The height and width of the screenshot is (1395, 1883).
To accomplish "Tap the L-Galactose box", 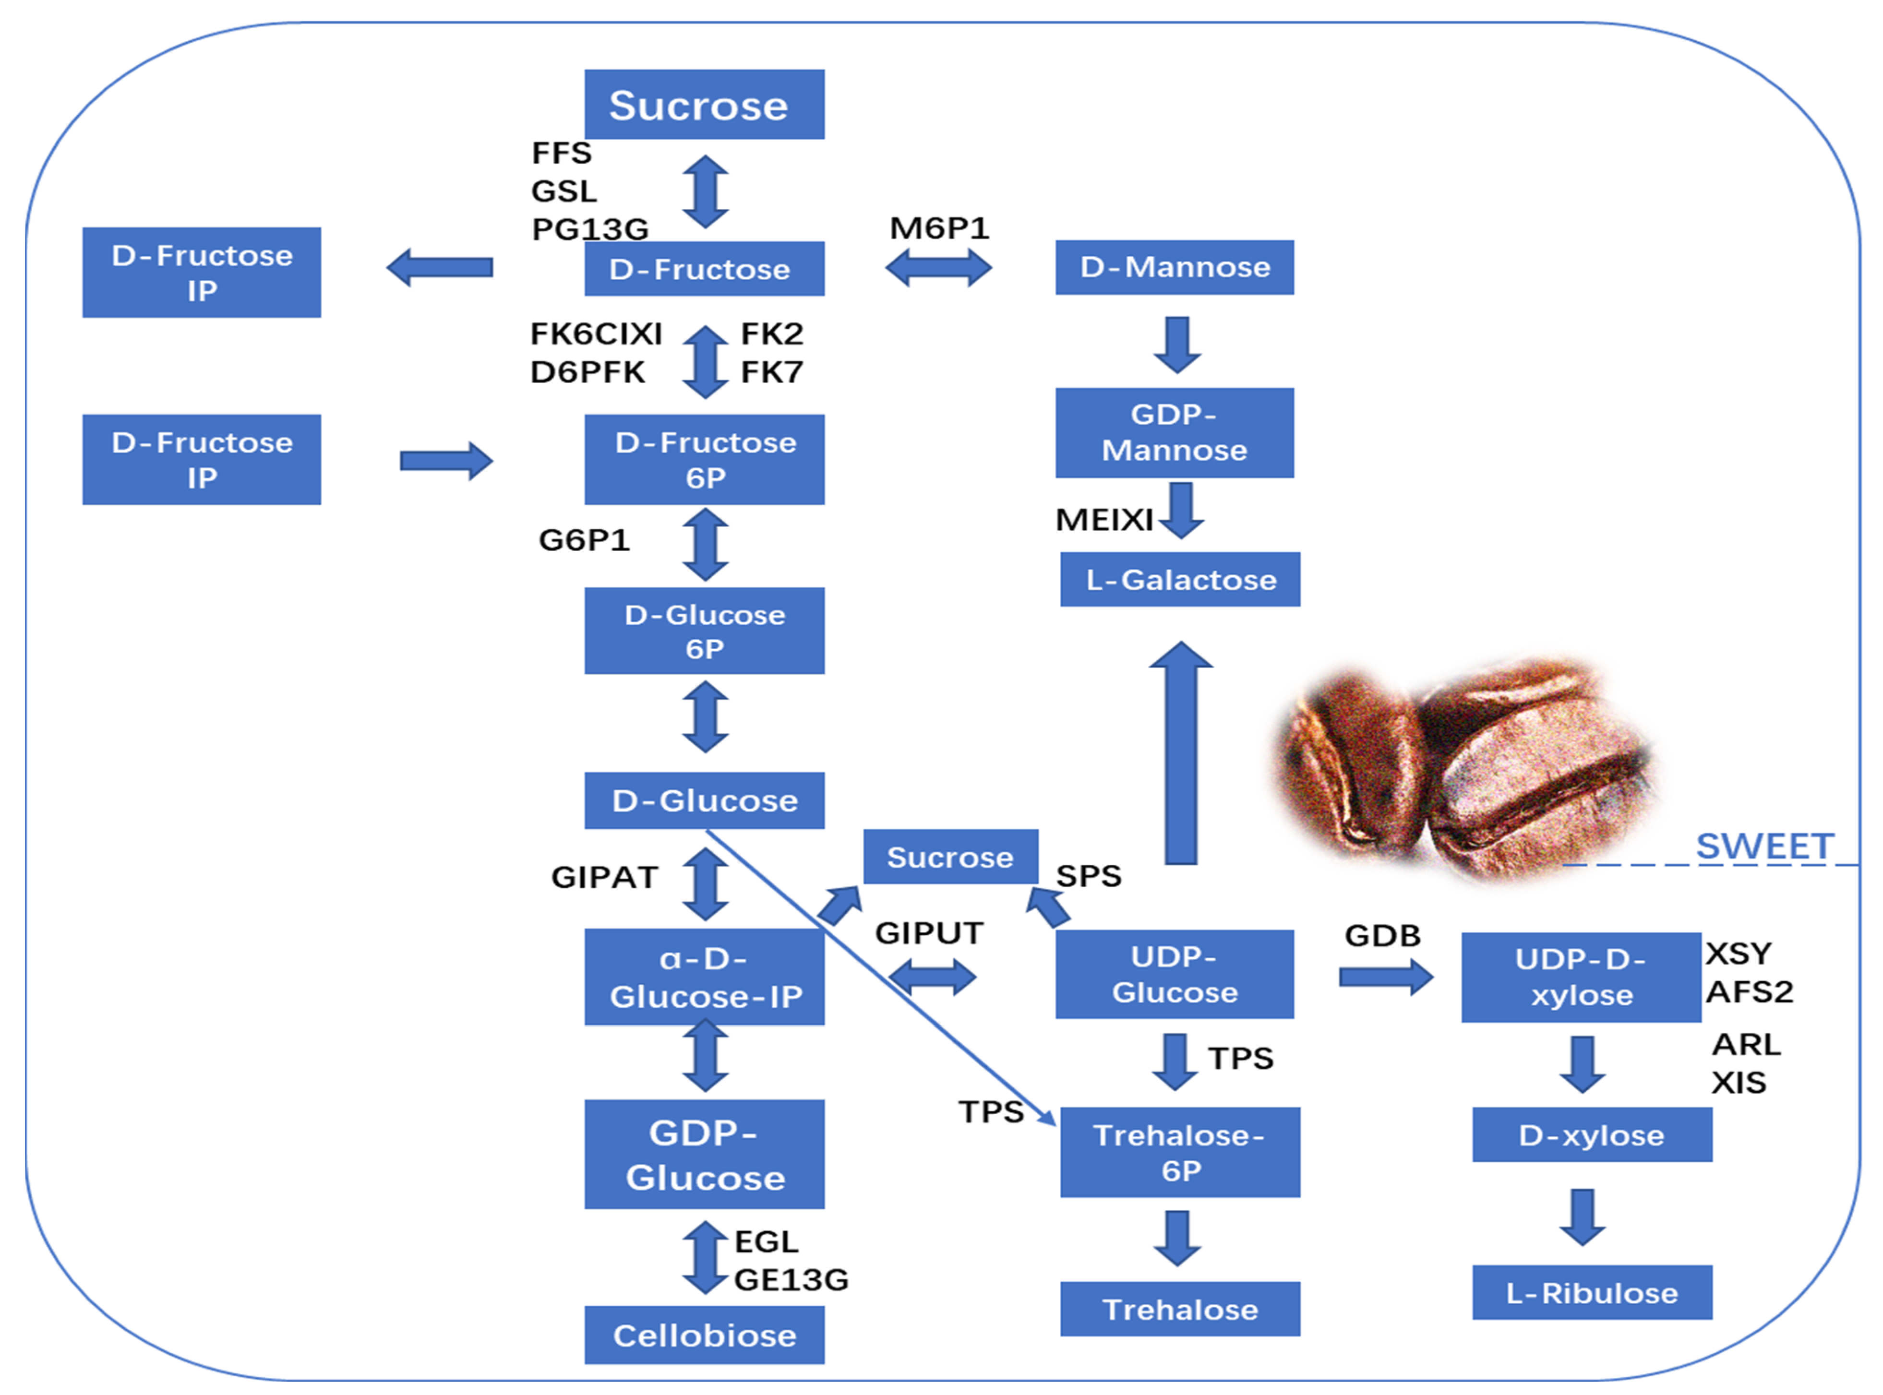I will pyautogui.click(x=1180, y=579).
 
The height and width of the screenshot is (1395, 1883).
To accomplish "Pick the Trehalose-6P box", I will pyautogui.click(x=1180, y=1152).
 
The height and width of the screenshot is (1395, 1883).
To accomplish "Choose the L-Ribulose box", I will pyautogui.click(x=1592, y=1292).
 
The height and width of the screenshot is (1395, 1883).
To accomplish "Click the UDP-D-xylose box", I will pyautogui.click(x=1581, y=977).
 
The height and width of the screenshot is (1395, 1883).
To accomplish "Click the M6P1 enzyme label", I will pyautogui.click(x=939, y=228).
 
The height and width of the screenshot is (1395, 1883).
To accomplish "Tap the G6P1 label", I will pyautogui.click(x=584, y=539).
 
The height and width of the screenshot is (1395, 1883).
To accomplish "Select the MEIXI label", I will pyautogui.click(x=1103, y=519).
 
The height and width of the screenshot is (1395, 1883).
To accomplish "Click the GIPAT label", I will pyautogui.click(x=604, y=877).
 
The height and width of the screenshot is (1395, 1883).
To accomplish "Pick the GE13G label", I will pyautogui.click(x=791, y=1279).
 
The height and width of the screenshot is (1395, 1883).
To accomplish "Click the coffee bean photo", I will pyautogui.click(x=1465, y=768).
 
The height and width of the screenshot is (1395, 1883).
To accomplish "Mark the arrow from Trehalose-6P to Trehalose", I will pyautogui.click(x=1177, y=1237).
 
